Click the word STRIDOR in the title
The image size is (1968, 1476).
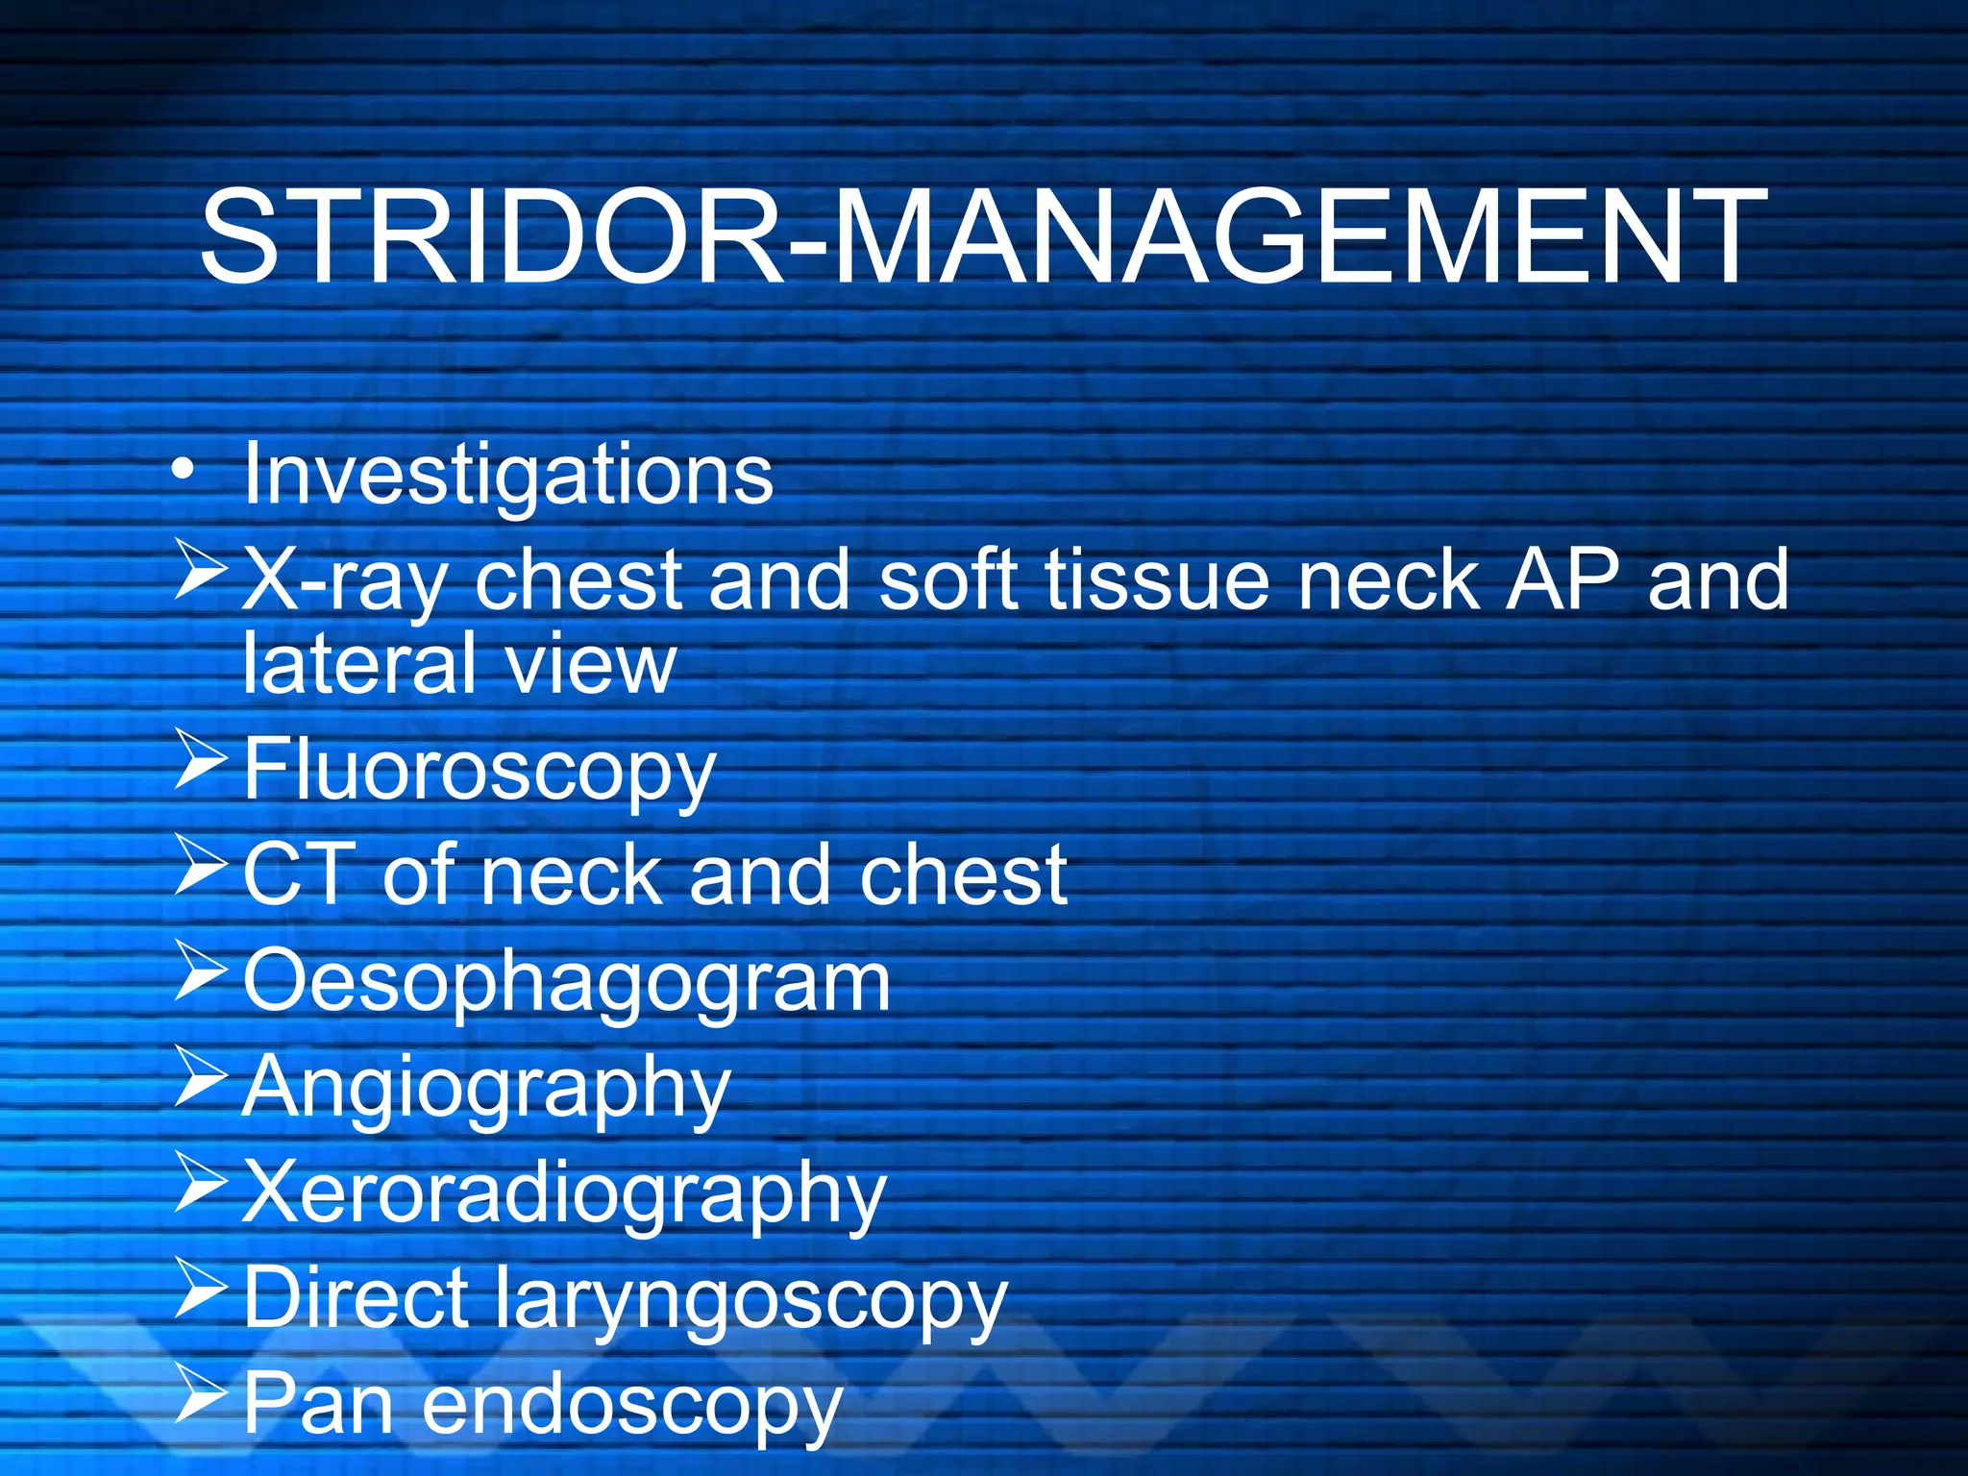[490, 237]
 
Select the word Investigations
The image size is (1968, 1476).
[507, 475]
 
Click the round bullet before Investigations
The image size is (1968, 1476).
[184, 469]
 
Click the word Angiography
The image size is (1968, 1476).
[486, 1089]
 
